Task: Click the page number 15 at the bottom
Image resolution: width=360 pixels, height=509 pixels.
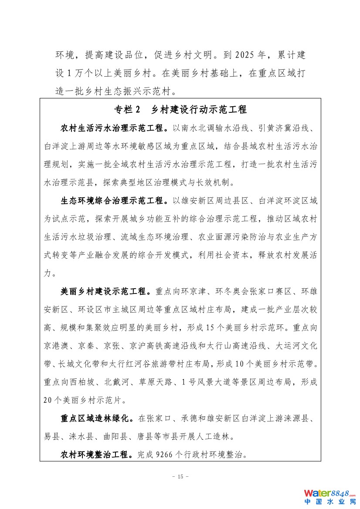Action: (180, 476)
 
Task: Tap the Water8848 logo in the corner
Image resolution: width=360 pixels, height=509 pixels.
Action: (329, 493)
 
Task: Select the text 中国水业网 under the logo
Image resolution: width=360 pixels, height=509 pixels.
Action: (329, 502)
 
